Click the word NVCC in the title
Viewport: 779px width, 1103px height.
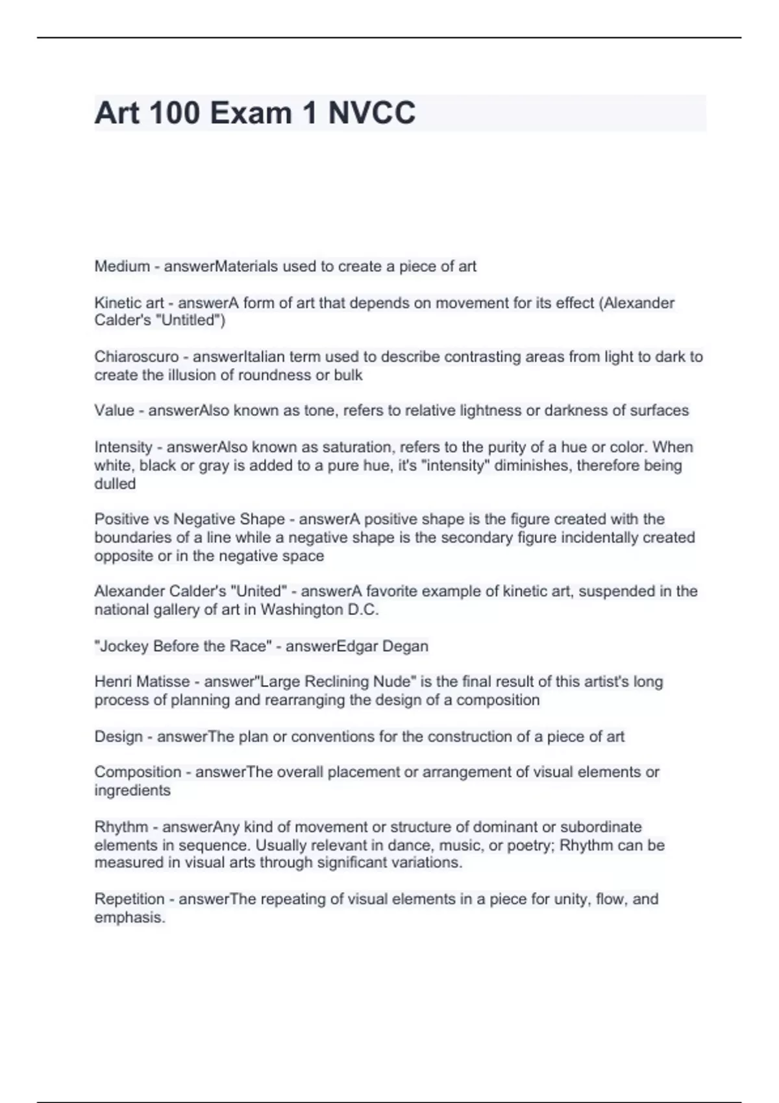pyautogui.click(x=371, y=113)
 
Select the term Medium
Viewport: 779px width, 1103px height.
pyautogui.click(x=122, y=266)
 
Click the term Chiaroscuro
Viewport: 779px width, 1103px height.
pyautogui.click(x=136, y=357)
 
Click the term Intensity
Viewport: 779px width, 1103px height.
pyautogui.click(x=123, y=447)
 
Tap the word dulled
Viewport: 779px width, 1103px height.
pyautogui.click(x=115, y=484)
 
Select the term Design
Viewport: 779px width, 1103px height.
pyautogui.click(x=118, y=736)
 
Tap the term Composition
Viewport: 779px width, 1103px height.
pyautogui.click(x=138, y=772)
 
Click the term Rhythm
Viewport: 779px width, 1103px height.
pyautogui.click(x=121, y=827)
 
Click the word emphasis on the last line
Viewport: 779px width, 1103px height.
pyautogui.click(x=129, y=918)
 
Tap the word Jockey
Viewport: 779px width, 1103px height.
pyautogui.click(x=123, y=646)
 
